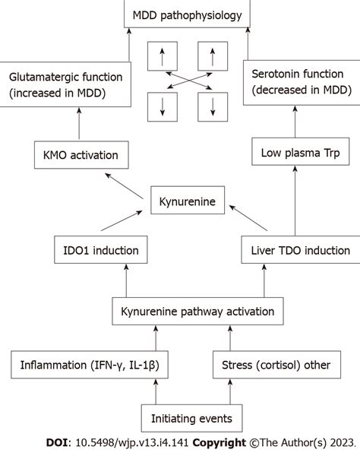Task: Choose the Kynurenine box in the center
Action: (186, 201)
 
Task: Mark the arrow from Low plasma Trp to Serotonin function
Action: (291, 122)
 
